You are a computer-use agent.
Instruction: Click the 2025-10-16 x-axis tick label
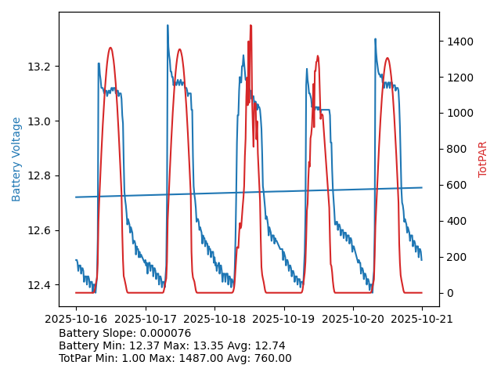tap(76, 320)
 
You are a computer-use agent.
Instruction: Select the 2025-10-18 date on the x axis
tap(214, 320)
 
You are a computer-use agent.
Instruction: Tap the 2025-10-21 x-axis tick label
tap(423, 320)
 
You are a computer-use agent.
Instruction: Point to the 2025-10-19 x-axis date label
tap(284, 320)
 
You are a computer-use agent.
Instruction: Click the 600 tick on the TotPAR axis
tap(457, 186)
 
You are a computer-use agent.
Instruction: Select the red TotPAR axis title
tap(483, 159)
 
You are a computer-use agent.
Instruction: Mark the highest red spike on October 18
tap(250, 25)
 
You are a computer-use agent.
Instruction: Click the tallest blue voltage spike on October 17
tap(168, 25)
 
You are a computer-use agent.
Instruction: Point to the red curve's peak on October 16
tap(110, 48)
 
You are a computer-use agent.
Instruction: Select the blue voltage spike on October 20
tap(375, 38)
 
